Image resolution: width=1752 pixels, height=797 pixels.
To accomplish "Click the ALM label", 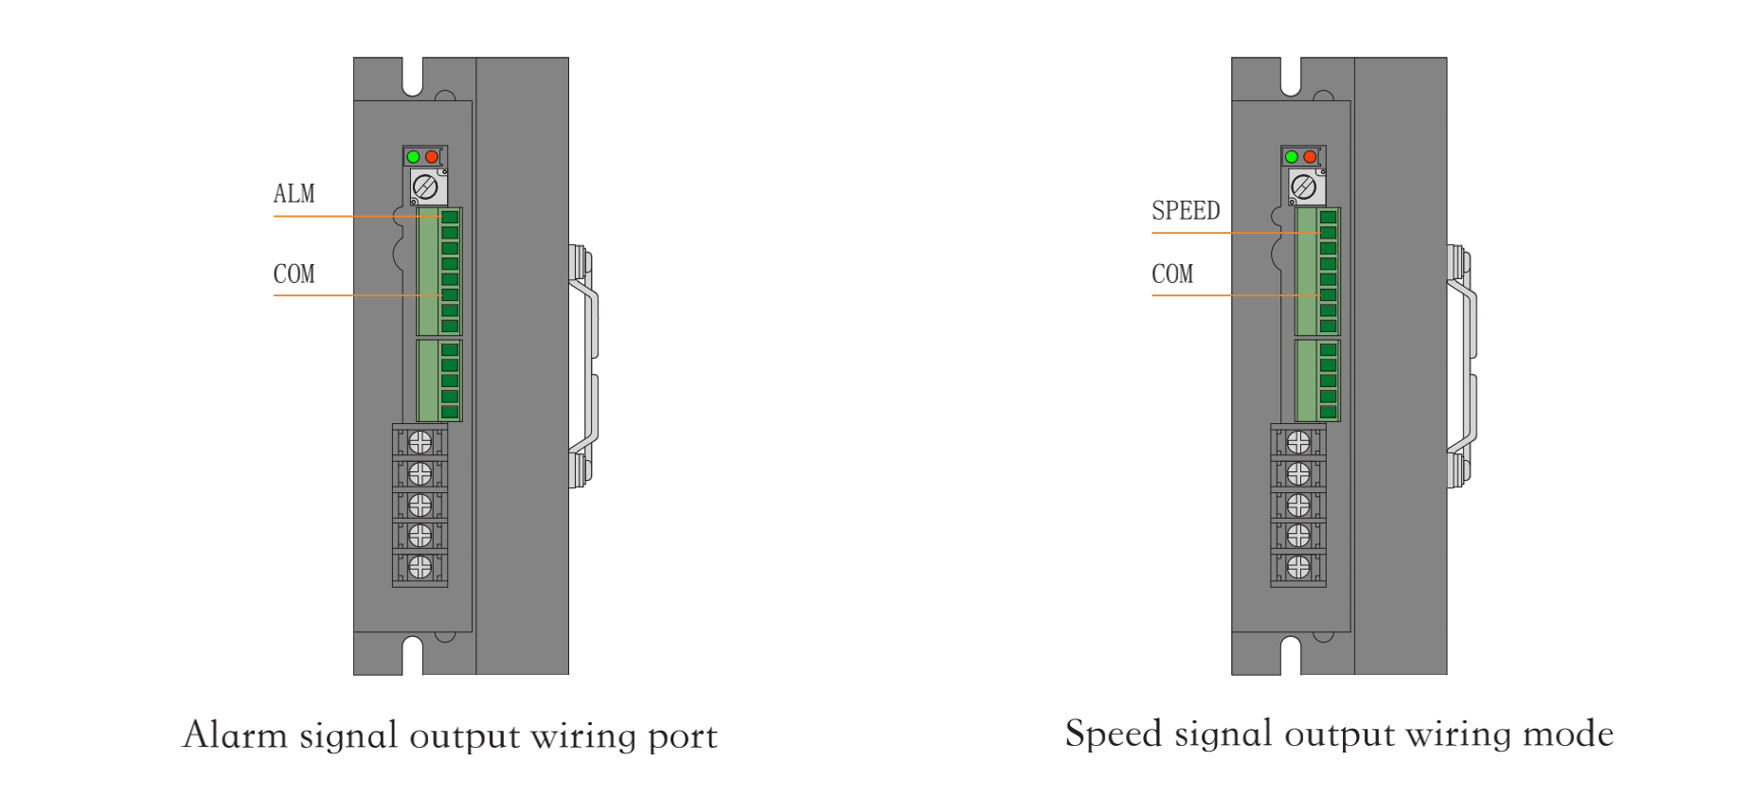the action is tap(294, 194).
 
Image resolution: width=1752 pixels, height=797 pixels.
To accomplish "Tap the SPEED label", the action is tap(1186, 211).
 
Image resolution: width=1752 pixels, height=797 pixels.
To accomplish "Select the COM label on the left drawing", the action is tap(294, 275).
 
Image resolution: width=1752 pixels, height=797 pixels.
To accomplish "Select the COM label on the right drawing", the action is tap(1172, 275).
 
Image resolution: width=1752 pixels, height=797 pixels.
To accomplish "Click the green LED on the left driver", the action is tap(413, 156).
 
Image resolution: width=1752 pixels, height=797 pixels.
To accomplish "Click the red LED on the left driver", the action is tap(432, 156).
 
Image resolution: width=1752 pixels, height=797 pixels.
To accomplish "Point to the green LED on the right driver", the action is tap(1292, 156).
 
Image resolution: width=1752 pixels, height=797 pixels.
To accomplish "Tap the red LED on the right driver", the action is tap(1310, 156).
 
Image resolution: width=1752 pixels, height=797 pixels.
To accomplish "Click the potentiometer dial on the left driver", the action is tap(425, 186).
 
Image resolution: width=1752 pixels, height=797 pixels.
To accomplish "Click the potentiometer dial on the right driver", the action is tap(1304, 186).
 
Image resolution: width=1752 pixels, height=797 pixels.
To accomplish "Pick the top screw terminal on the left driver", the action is tap(420, 442).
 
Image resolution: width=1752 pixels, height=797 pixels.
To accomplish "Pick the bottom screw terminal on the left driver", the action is tap(420, 567).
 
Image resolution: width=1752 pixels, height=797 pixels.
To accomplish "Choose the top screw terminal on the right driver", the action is tap(1298, 442).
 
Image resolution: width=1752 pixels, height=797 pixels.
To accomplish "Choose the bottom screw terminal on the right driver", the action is tap(1298, 567).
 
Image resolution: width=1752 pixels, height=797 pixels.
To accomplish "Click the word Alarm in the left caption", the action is tap(235, 735).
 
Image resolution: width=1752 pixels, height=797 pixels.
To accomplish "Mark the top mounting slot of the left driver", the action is tap(413, 77).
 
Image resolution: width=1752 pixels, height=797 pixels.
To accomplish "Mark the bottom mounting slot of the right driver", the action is tap(1291, 655).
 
